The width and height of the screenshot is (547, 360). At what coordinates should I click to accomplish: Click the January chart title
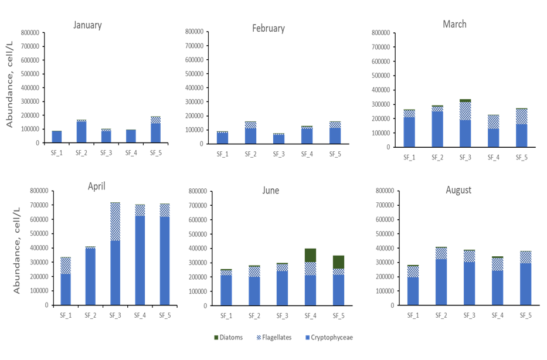click(87, 25)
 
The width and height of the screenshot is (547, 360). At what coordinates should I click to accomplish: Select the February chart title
click(269, 28)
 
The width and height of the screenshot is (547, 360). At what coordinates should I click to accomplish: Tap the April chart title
click(96, 186)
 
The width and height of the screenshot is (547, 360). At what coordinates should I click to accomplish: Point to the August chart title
click(458, 190)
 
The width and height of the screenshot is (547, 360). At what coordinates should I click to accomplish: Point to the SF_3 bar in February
click(278, 138)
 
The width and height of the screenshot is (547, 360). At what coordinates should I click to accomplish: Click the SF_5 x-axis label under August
click(525, 315)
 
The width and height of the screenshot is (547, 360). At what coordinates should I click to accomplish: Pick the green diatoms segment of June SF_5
click(338, 261)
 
